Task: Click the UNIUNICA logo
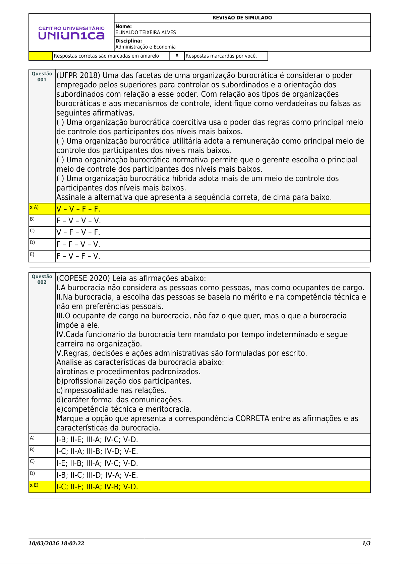pos(71,33)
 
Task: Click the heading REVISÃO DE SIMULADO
pos(242,18)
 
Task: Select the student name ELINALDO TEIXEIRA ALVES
pos(146,32)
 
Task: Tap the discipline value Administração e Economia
pos(146,47)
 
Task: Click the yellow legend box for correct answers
pos(41,56)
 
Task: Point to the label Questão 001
pos(42,77)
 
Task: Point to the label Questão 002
pos(42,279)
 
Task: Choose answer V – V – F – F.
pos(78,209)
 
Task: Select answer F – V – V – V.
pos(78,221)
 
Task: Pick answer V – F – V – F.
pos(78,233)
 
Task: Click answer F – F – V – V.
pos(78,245)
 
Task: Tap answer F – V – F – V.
pos(78,256)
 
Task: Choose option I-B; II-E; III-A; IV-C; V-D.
pos(97,440)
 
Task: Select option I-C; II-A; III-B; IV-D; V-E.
pos(97,452)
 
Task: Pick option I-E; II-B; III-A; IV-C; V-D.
pos(97,464)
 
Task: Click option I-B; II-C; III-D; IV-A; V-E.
pos(97,475)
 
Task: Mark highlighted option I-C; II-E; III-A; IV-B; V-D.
pos(97,487)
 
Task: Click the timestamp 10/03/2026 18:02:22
pos(56,544)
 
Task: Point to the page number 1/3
pos(366,544)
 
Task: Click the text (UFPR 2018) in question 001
pos(78,76)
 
